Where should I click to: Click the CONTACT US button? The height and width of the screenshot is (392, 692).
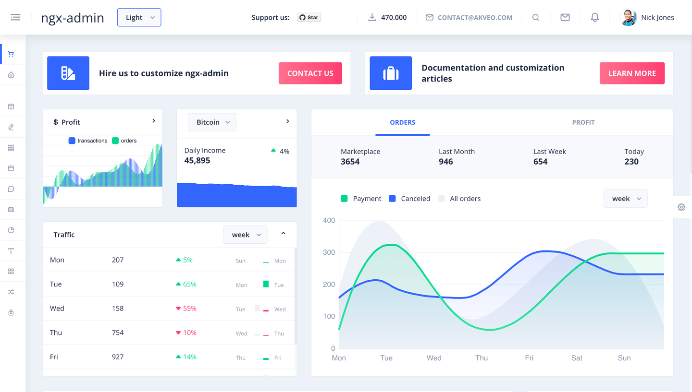tap(310, 73)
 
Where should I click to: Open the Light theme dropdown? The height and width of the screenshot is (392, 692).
tap(139, 17)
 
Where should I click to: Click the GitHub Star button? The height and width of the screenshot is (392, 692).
tap(309, 17)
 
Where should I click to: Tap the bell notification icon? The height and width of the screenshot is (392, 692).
tap(594, 17)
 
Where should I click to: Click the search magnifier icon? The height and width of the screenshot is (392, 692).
tap(536, 17)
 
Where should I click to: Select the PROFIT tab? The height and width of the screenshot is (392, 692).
tap(583, 122)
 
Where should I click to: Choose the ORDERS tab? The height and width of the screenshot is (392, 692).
tap(402, 122)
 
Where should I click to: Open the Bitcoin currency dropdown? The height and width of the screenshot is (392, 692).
tap(212, 122)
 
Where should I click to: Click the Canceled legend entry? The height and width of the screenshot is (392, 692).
tap(409, 199)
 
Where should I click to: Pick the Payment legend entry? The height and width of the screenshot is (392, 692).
tap(361, 199)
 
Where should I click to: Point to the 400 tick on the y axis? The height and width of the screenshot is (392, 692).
tap(329, 221)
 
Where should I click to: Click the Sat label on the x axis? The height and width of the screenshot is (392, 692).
tap(577, 358)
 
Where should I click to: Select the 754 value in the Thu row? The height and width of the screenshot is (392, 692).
tap(118, 333)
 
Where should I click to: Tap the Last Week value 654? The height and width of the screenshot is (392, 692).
tap(540, 162)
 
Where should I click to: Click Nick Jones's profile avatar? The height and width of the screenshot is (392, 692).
tap(629, 17)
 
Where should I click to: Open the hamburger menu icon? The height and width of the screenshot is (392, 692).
tap(15, 17)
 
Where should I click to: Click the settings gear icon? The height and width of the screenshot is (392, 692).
tap(681, 207)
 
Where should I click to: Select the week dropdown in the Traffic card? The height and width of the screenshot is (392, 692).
tap(246, 235)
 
